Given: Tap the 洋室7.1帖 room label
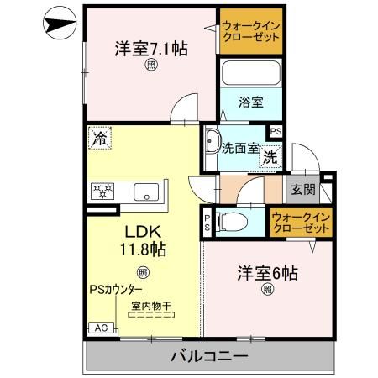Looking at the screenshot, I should coord(150,49).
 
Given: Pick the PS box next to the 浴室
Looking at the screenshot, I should coord(276,131).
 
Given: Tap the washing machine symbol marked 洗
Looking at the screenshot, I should coord(269,156).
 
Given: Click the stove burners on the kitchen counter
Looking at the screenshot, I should coord(107,192).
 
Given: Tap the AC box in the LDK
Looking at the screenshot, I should coord(98,328).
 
